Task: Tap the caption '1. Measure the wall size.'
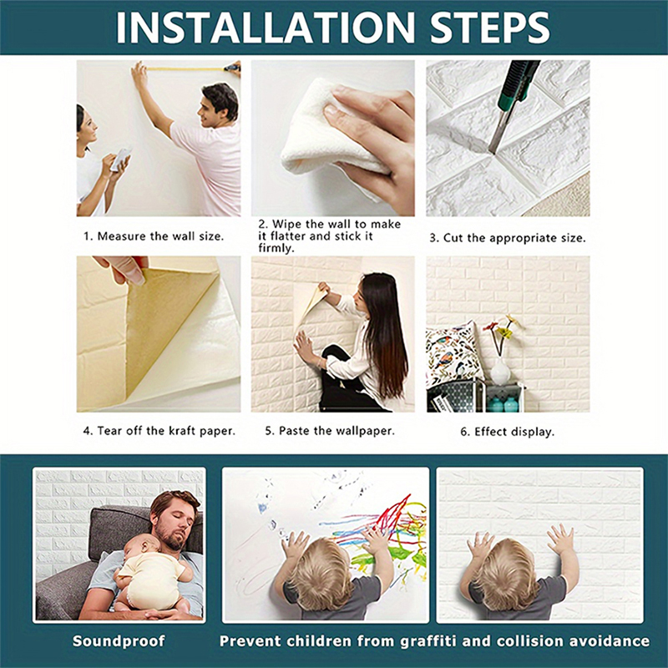click(x=154, y=236)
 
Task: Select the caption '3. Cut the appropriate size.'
click(x=508, y=238)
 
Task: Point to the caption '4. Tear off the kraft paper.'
click(x=159, y=432)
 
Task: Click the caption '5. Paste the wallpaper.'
click(x=330, y=432)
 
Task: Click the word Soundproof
click(x=118, y=641)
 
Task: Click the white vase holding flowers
click(x=500, y=370)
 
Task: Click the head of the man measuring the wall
click(x=220, y=102)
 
